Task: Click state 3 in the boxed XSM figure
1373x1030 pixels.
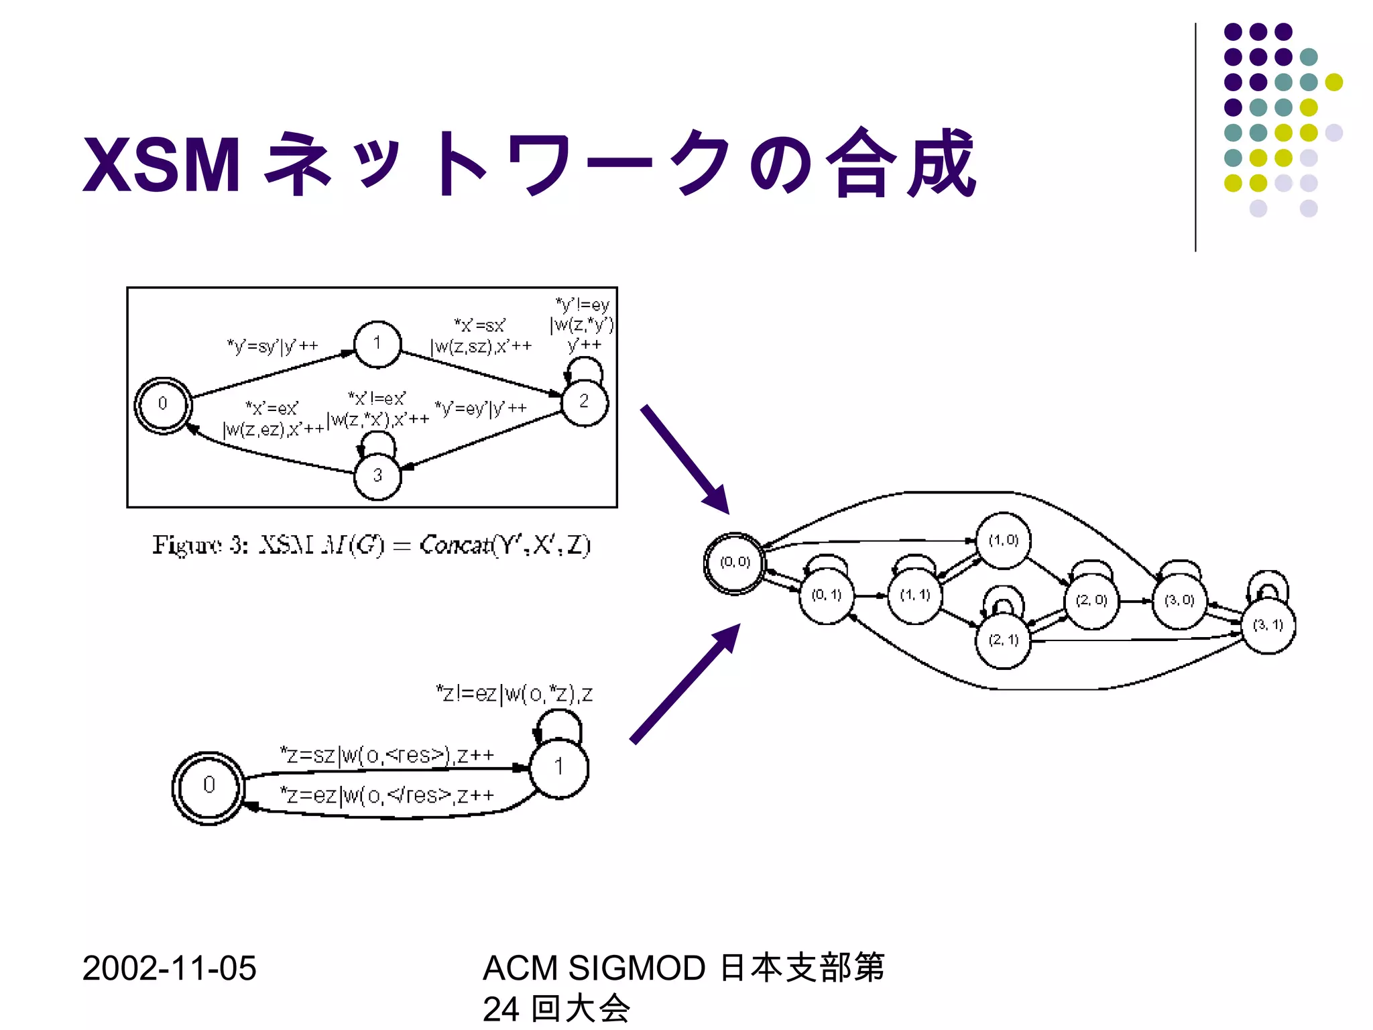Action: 377,475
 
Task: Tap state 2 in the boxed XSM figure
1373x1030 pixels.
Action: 584,402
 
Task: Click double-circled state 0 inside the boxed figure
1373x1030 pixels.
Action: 163,404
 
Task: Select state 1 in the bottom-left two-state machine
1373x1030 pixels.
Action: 558,767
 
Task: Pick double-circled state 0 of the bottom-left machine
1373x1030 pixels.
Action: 208,787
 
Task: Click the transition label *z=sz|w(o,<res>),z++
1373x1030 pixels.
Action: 387,756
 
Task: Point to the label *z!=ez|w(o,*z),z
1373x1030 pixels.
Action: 514,693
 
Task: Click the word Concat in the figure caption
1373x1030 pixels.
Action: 455,545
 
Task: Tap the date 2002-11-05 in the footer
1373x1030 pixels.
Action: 169,968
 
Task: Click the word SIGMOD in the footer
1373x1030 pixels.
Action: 636,968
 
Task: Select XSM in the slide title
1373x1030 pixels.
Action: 162,165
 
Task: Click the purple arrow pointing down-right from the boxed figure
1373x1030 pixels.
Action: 684,459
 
